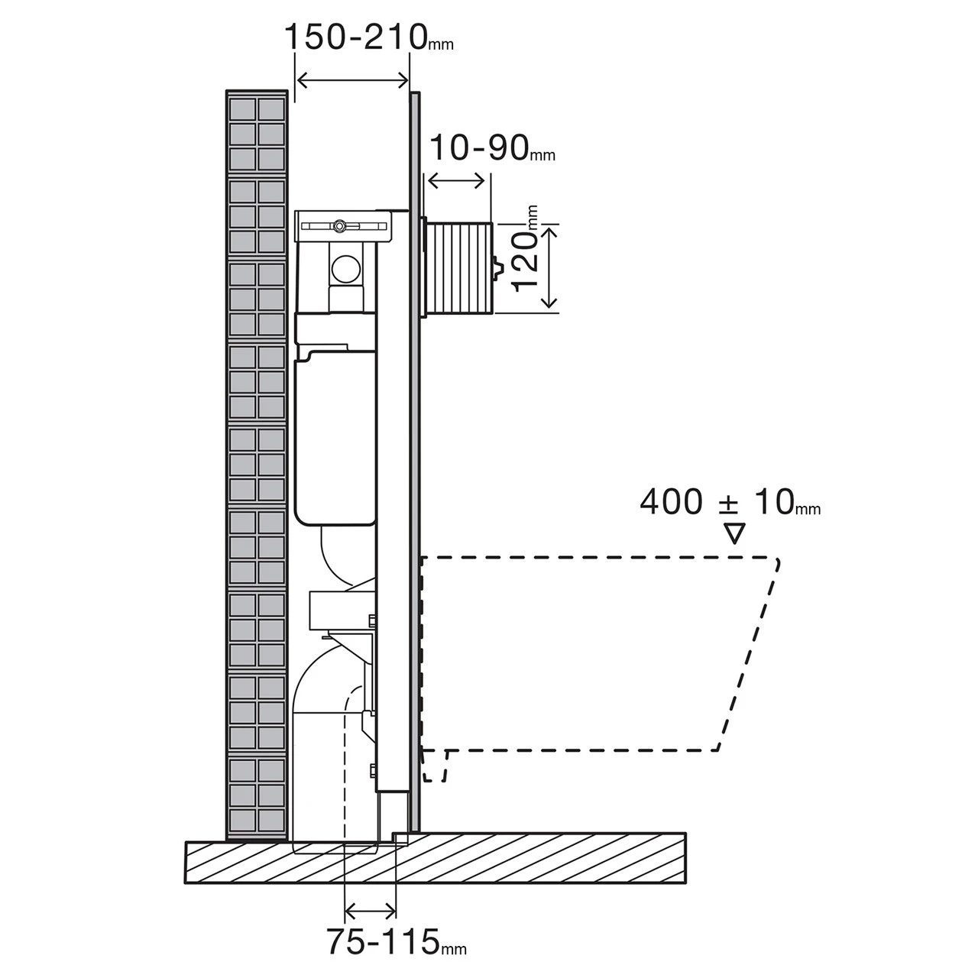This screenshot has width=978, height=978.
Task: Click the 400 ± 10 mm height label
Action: point(730,503)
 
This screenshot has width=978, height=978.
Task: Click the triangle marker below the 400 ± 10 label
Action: point(734,533)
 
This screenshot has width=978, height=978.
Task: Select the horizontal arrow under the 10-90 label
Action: point(456,181)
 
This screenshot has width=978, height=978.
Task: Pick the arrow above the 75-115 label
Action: point(371,910)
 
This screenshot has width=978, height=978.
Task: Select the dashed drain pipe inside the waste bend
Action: point(345,764)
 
